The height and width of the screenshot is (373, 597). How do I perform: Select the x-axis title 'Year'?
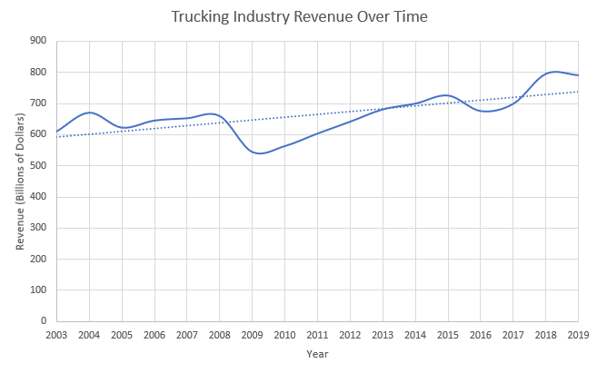(x=317, y=354)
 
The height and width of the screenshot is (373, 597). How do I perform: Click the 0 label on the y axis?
(x=43, y=321)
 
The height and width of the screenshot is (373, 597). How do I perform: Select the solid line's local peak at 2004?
(x=89, y=113)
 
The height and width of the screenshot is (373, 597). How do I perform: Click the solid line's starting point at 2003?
(x=56, y=132)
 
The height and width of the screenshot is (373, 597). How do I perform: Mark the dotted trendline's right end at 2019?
(x=579, y=92)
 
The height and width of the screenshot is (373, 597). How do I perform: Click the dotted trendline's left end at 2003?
(x=56, y=137)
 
